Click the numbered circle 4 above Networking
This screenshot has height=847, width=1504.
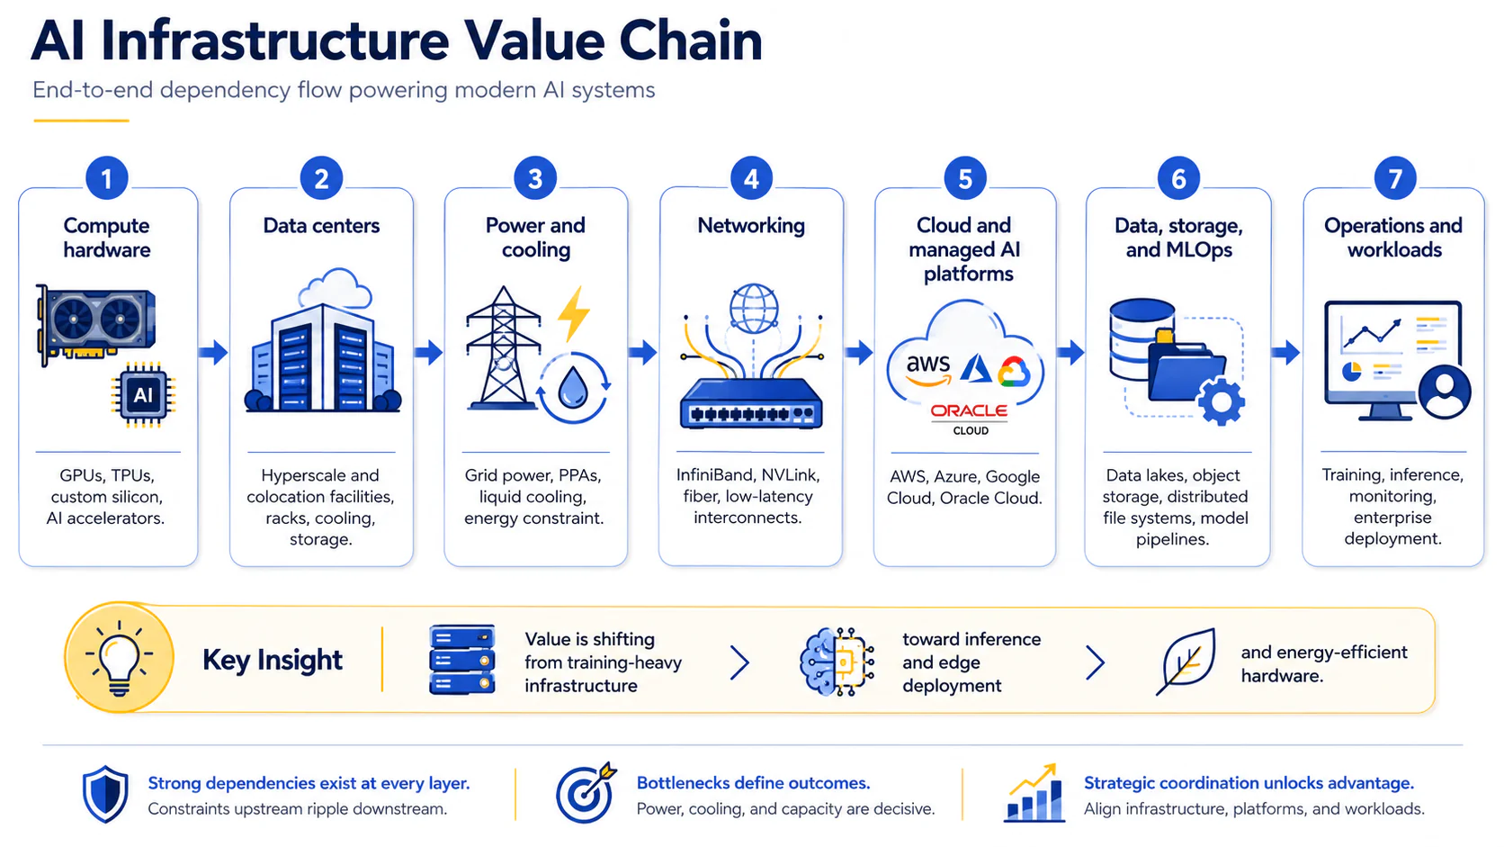click(x=751, y=178)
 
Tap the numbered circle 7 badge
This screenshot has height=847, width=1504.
click(x=1394, y=178)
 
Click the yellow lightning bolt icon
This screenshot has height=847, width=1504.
click(x=574, y=313)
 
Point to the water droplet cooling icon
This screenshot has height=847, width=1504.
click(x=573, y=388)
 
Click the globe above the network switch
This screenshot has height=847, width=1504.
click(x=753, y=309)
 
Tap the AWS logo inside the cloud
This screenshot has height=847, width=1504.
click(x=928, y=370)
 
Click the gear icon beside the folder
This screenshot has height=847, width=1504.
click(x=1221, y=401)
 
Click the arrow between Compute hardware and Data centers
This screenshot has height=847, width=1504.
click(x=213, y=352)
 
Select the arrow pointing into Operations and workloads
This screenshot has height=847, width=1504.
click(x=1285, y=352)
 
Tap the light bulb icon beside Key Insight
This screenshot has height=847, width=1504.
click(x=120, y=658)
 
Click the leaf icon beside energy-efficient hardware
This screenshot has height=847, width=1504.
click(x=1186, y=662)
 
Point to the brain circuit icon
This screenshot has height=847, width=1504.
click(x=837, y=662)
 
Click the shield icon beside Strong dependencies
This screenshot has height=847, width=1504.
click(x=105, y=794)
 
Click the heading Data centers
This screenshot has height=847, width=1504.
click(x=321, y=226)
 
